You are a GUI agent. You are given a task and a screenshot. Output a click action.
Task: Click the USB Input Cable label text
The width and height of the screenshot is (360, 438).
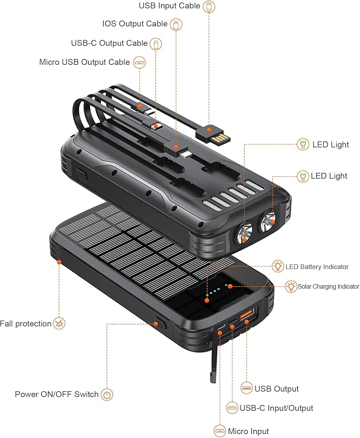[x=169, y=6]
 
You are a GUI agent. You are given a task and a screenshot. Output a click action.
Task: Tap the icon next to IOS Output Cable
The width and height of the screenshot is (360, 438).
[x=176, y=24]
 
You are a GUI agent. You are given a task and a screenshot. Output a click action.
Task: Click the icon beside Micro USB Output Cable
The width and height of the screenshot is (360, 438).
[x=139, y=63]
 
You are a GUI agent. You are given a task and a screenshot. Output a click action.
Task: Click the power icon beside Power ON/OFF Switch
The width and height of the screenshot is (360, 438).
[x=107, y=395]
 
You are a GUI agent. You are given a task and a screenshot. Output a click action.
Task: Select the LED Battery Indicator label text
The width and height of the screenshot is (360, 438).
[x=317, y=267]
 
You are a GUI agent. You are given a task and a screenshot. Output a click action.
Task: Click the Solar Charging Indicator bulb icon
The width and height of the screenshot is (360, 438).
[x=291, y=287]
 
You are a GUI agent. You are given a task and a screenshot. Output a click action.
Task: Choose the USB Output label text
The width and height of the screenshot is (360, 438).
[x=276, y=389]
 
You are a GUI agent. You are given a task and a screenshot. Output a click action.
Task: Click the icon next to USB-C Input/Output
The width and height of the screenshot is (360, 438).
[x=232, y=408]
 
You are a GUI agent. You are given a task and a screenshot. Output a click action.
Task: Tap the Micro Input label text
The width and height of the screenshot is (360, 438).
[x=248, y=432]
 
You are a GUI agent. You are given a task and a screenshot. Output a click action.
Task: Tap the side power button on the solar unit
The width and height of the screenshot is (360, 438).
[x=159, y=322]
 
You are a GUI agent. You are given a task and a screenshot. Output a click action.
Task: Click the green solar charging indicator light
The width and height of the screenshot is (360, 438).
[x=227, y=286]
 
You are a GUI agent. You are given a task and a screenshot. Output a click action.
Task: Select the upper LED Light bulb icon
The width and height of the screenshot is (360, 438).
[x=302, y=145]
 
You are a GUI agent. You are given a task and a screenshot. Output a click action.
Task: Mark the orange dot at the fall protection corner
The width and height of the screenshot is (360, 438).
[x=59, y=261]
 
